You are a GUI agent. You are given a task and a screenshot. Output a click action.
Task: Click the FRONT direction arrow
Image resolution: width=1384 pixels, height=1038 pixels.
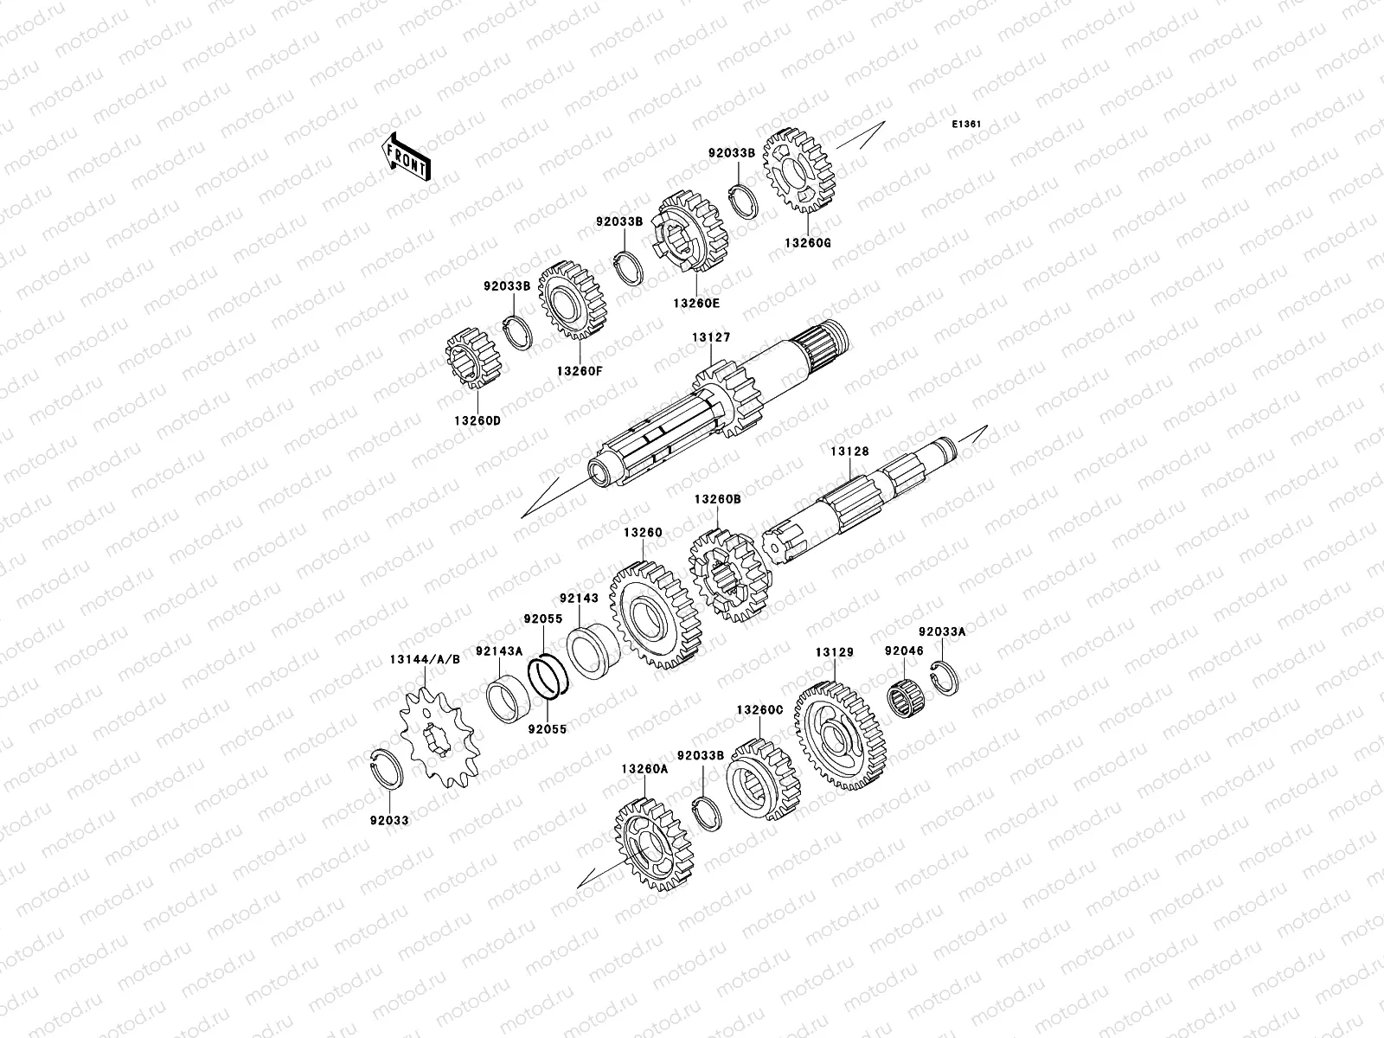[x=406, y=157]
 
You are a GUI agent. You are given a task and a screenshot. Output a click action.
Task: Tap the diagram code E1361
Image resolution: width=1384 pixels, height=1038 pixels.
[x=966, y=125]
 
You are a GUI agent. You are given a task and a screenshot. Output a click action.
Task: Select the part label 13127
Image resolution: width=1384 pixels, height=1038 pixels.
[x=711, y=337]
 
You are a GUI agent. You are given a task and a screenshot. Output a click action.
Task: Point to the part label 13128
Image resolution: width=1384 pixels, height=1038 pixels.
[x=849, y=452]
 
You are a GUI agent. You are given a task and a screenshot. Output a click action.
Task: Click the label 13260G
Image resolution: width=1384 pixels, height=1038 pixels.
[x=808, y=243]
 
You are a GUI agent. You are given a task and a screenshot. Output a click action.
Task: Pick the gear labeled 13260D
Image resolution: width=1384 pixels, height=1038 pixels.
[x=473, y=358]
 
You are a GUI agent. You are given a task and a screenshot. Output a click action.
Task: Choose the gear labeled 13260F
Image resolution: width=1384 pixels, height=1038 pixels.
[x=573, y=301]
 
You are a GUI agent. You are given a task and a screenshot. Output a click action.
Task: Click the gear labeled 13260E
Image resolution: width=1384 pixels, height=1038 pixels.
[x=689, y=231]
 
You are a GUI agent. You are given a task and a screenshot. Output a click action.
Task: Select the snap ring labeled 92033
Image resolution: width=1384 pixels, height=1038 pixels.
[x=386, y=769]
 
